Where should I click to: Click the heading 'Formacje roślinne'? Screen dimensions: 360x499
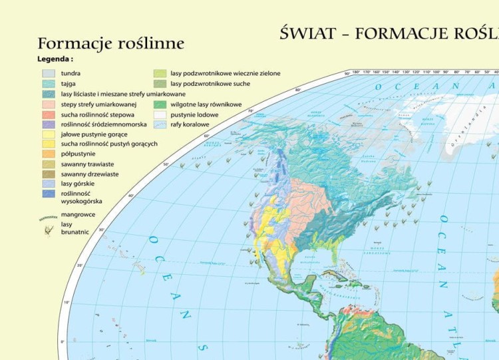[110, 43]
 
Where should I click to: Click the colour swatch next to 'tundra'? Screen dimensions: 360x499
[49, 74]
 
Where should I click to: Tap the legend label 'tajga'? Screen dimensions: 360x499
[71, 84]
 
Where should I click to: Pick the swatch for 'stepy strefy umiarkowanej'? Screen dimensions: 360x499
[49, 104]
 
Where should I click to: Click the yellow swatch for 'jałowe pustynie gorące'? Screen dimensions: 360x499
[49, 134]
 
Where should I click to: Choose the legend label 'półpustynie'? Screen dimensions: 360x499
[78, 154]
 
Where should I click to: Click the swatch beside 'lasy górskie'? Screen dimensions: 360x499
[49, 183]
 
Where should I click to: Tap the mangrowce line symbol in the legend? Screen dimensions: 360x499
[49, 217]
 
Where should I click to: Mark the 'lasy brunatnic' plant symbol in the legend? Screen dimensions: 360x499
[49, 230]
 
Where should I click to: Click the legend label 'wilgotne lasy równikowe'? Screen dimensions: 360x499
[206, 104]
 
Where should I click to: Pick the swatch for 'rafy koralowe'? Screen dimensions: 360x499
[160, 124]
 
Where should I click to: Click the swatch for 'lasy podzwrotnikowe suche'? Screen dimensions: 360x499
[160, 84]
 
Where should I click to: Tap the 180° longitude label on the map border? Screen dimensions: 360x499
[356, 71]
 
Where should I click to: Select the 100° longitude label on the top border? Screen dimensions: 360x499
[436, 71]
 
